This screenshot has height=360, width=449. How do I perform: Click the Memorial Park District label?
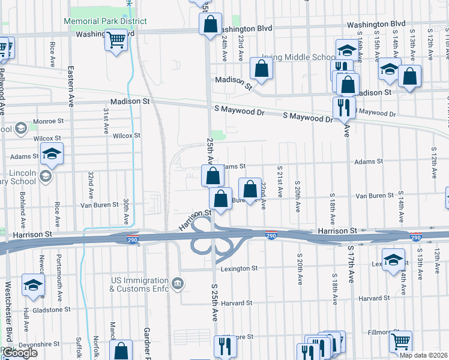coord(105,21)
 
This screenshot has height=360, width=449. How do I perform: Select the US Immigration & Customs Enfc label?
coord(139,284)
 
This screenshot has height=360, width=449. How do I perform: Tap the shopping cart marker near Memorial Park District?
coord(116,40)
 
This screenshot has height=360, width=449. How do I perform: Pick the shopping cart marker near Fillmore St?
coord(400,341)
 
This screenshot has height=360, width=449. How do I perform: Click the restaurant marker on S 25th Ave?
coord(226,346)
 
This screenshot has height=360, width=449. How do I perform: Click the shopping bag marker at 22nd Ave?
coord(250,189)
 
